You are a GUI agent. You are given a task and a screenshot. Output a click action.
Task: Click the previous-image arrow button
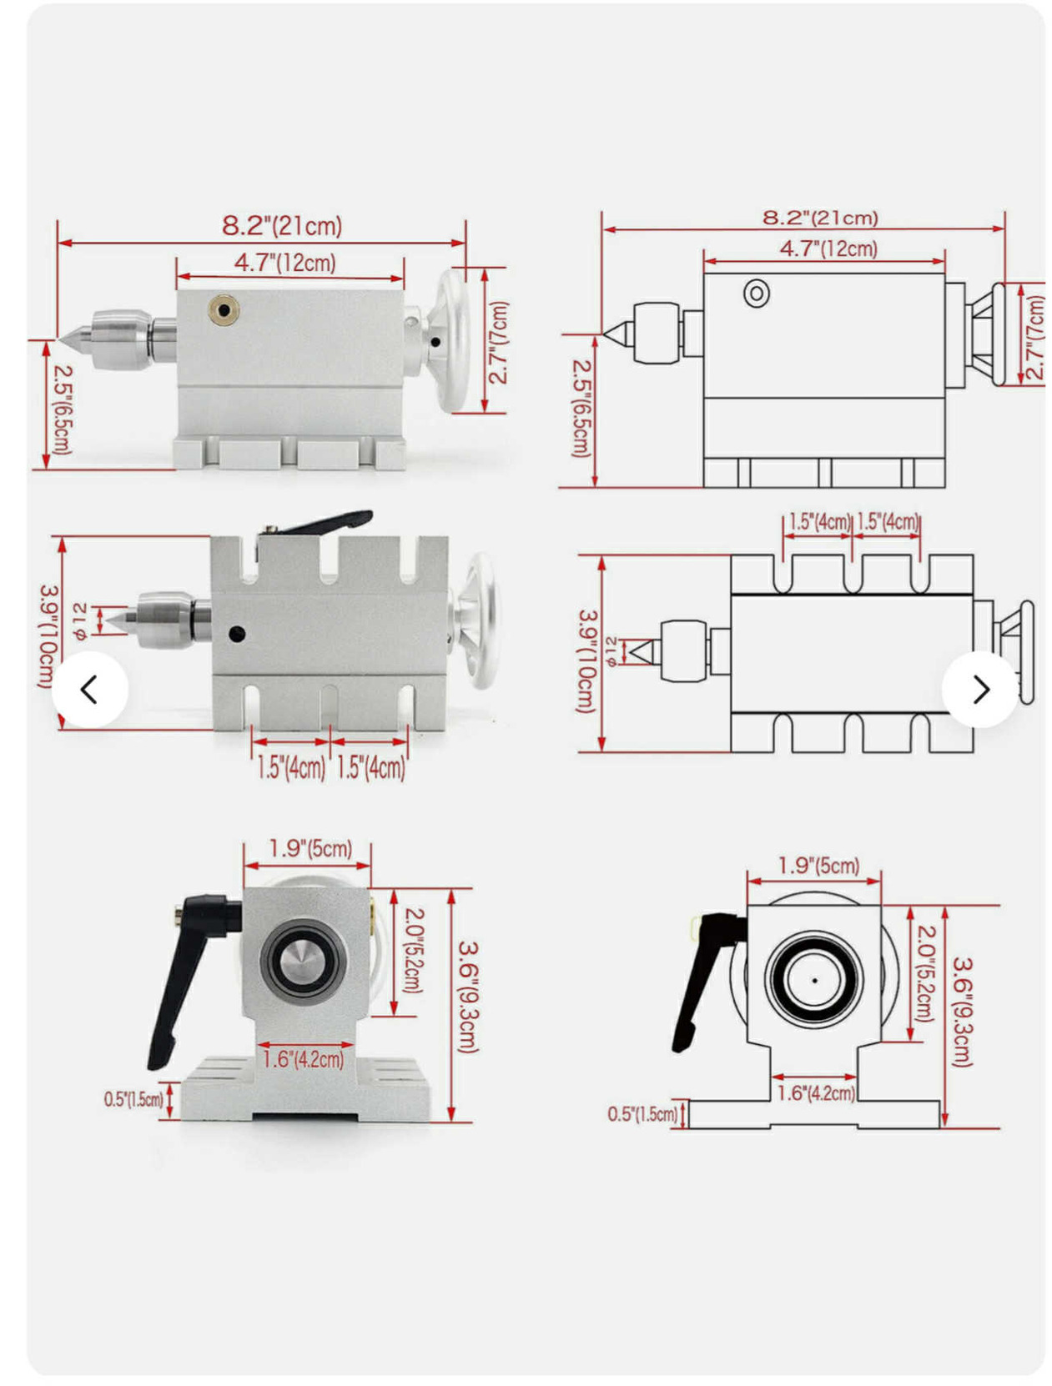[x=89, y=689]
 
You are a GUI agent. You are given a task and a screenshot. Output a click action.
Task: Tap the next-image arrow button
[x=979, y=689]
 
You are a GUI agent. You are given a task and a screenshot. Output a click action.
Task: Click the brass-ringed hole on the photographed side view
[x=224, y=309]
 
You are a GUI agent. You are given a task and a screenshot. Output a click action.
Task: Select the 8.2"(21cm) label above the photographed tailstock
[x=282, y=225]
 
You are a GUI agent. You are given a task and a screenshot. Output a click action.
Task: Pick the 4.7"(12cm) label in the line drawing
[x=828, y=249]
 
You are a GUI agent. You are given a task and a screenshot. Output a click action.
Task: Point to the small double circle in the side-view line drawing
[x=757, y=293]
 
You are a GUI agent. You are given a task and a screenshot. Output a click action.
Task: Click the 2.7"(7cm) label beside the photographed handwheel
[x=498, y=342]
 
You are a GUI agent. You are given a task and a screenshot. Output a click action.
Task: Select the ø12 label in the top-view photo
[x=80, y=620]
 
